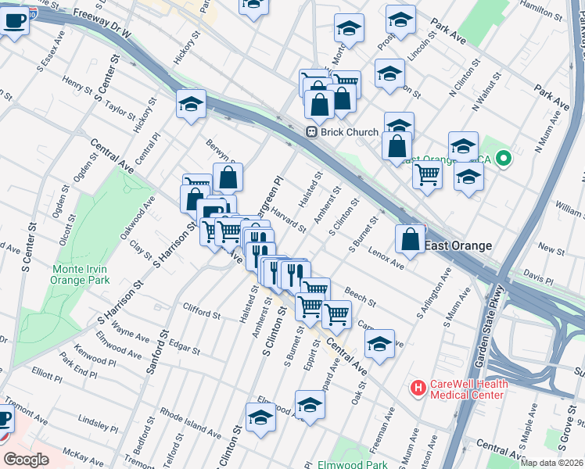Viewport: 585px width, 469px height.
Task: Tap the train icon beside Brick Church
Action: pos(311,132)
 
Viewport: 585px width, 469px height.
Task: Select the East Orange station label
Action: pos(458,245)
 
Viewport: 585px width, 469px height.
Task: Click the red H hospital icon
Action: pos(418,387)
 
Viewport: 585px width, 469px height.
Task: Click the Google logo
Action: pos(26,460)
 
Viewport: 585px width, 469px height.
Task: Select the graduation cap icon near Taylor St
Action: pos(190,104)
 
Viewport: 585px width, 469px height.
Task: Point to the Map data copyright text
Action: pos(551,463)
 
